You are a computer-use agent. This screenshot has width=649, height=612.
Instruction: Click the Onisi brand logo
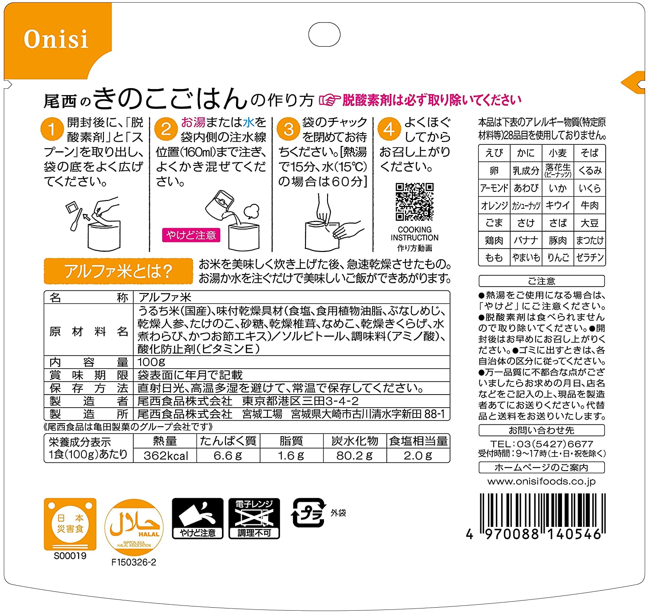pos(56,39)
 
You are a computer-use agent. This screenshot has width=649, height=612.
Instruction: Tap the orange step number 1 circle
pos(52,129)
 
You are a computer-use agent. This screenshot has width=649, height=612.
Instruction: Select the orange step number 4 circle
pos(389,129)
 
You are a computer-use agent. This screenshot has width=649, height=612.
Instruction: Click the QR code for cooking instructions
pos(414,202)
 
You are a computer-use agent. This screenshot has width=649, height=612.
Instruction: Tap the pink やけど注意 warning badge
pos(191,235)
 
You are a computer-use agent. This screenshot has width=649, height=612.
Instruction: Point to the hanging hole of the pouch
pos(324,34)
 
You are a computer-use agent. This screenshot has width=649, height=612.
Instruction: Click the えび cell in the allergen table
pos(494,153)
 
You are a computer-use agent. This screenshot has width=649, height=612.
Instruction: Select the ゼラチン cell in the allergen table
pos(590,257)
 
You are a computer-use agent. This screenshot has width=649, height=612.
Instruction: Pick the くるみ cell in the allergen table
pos(590,170)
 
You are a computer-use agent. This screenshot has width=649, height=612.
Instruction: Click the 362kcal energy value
pos(166,456)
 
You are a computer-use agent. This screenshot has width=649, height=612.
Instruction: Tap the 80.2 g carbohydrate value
pos(354,456)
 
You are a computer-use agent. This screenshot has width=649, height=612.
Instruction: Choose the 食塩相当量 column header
pos(418,441)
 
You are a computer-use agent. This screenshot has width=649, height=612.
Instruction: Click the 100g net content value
pos(151,362)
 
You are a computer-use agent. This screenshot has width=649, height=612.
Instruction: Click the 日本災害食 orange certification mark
pos(70,524)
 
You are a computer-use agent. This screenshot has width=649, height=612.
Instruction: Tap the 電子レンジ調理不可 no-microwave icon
pos(254,518)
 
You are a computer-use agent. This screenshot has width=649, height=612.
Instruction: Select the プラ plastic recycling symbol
pos(308,513)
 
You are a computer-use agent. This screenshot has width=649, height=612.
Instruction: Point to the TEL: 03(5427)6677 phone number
pos(542,444)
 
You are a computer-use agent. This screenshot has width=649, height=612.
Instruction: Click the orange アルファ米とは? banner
pos(118,271)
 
